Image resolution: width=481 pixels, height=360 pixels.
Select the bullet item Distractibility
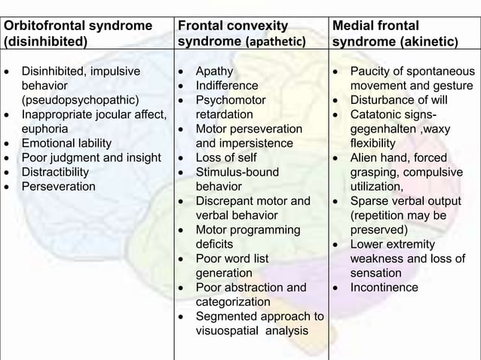click(66, 172)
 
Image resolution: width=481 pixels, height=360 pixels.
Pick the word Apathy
click(214, 71)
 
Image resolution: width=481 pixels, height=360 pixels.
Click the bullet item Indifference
click(226, 85)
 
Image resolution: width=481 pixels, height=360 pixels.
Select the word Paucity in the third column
click(372, 71)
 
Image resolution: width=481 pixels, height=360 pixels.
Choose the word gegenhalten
click(384, 128)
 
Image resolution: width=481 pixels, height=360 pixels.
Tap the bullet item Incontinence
click(384, 287)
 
